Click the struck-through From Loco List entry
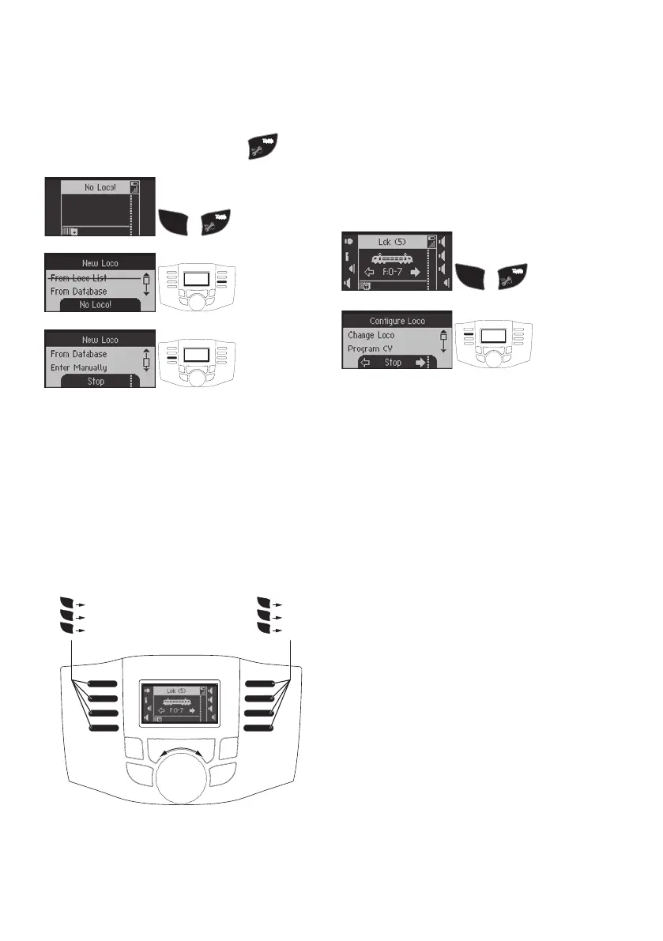(x=79, y=277)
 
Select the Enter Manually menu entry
(x=79, y=367)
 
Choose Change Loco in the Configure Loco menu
(x=371, y=336)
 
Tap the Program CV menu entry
(x=371, y=348)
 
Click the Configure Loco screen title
(x=397, y=321)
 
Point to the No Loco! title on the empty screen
(x=100, y=187)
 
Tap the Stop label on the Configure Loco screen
(x=393, y=363)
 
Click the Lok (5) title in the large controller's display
(x=175, y=690)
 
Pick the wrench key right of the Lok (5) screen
(x=514, y=277)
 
